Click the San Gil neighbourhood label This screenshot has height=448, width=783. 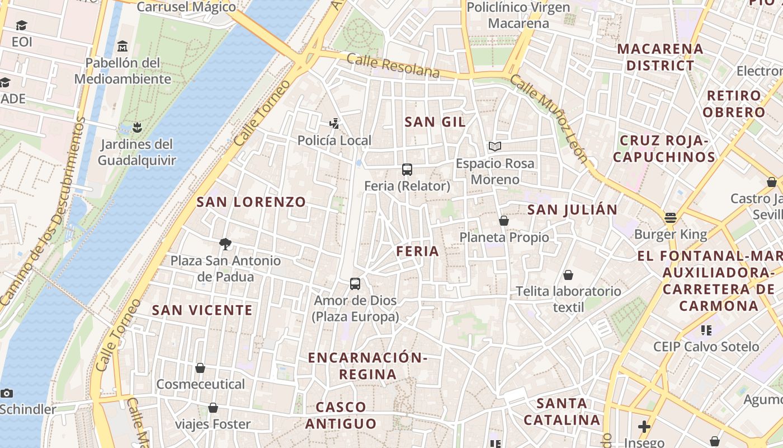(x=435, y=122)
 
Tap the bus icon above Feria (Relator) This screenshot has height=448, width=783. (x=407, y=170)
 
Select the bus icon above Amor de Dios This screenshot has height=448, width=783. (x=355, y=284)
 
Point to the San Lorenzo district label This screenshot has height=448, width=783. (x=251, y=202)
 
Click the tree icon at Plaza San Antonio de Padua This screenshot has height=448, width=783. (x=225, y=244)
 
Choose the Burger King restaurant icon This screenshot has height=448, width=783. (x=670, y=218)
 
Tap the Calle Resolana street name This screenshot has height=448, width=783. (x=393, y=66)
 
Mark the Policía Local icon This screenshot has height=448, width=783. (x=334, y=124)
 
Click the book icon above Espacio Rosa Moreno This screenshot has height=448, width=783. (x=494, y=147)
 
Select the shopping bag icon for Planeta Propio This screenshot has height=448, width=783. (x=504, y=221)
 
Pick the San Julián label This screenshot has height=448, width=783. (x=573, y=210)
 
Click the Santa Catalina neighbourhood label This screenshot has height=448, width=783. (x=562, y=412)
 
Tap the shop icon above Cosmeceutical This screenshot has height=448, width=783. (x=200, y=368)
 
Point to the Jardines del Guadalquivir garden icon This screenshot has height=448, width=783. (x=137, y=128)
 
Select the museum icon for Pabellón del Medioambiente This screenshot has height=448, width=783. (x=122, y=46)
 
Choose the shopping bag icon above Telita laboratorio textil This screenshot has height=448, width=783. (x=568, y=275)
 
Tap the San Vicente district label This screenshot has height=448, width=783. (x=202, y=310)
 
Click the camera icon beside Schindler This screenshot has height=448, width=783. (x=7, y=393)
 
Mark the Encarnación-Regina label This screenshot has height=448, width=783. (x=367, y=366)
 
